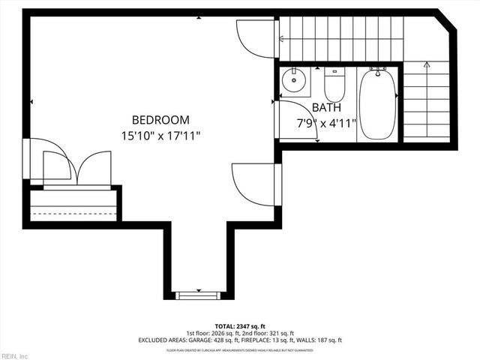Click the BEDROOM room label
point(160,119)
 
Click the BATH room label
point(326,107)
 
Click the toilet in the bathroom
point(334,85)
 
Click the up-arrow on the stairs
point(427,65)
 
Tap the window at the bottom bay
point(198,295)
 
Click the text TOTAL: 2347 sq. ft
point(240,325)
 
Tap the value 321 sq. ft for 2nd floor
point(278,332)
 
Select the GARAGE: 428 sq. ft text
point(215,340)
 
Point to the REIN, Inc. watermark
point(14,355)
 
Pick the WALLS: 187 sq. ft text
point(323,340)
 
